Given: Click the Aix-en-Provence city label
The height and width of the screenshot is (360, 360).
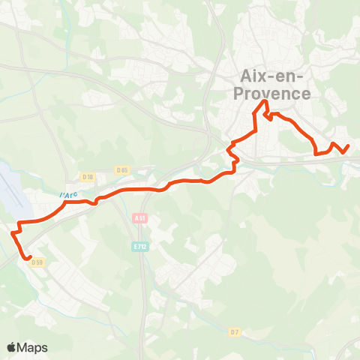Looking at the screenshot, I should (275, 85).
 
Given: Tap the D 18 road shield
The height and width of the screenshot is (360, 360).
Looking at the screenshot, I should (88, 177).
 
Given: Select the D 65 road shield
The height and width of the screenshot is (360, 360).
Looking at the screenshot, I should (123, 170).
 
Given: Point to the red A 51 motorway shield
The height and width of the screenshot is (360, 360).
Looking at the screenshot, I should (139, 218).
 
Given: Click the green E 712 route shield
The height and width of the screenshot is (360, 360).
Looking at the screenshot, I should (139, 246).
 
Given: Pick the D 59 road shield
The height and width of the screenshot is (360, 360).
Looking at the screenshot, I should (39, 262).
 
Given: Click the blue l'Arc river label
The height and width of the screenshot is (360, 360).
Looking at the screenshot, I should (68, 195).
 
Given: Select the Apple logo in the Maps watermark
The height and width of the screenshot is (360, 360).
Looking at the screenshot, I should (12, 347).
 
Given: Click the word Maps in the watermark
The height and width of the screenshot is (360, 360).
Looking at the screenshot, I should (33, 347).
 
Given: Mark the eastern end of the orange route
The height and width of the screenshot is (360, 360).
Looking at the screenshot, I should (348, 145).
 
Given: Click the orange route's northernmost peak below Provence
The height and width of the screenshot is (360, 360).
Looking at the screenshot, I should (264, 100).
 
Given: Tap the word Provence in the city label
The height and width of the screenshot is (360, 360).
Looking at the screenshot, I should (275, 94).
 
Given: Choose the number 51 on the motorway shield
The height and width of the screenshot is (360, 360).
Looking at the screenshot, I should (142, 218).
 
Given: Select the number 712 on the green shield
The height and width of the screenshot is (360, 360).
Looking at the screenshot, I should (142, 246).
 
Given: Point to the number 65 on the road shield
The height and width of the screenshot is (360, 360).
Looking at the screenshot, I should (125, 170).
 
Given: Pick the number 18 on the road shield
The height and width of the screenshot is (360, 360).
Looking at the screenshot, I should (90, 177).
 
